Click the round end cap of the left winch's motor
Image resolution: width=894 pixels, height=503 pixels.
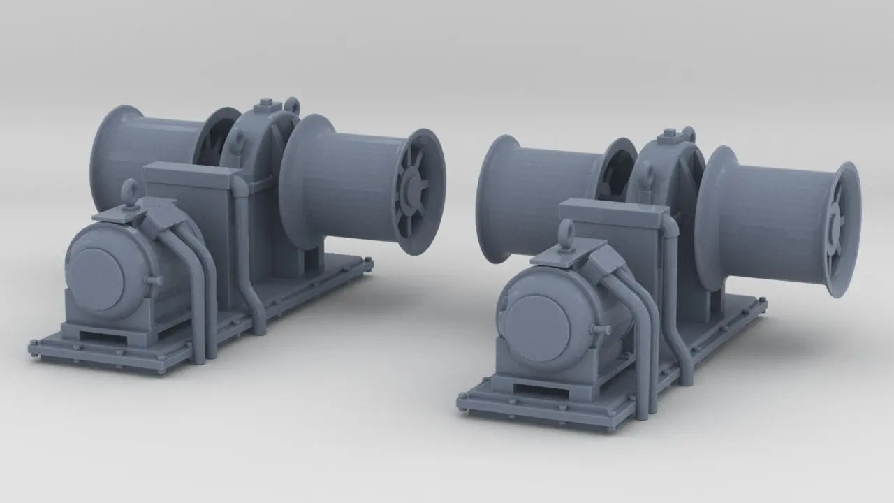click(100, 272)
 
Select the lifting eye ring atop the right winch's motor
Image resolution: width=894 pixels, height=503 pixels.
click(566, 231)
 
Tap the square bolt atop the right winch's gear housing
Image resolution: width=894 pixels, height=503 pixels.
click(669, 133)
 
